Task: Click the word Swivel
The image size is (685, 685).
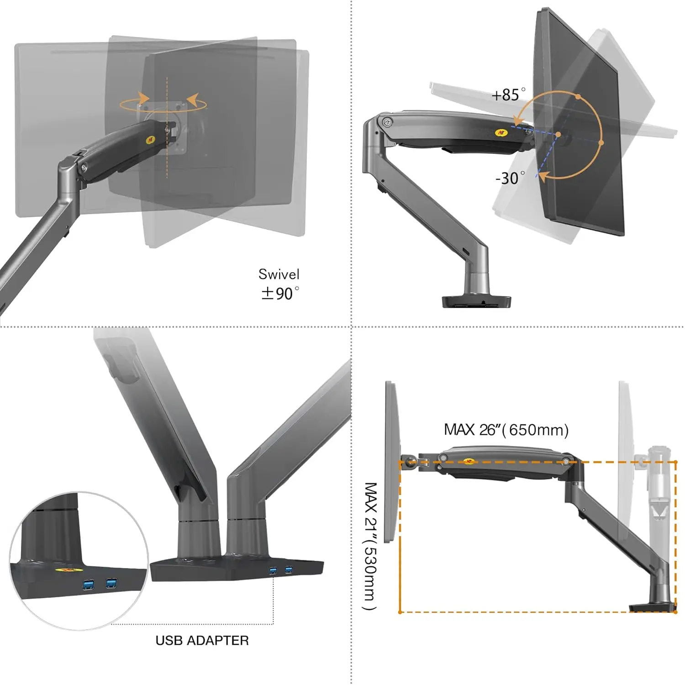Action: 279,274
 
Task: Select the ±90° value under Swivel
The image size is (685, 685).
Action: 280,293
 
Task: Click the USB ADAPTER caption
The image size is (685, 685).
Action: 202,641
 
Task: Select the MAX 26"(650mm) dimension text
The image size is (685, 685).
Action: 506,430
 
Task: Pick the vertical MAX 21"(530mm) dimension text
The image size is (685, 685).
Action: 370,546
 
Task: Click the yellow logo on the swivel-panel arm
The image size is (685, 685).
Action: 150,138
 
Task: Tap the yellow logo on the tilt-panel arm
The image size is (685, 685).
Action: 501,133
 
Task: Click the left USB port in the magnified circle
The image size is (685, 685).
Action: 89,585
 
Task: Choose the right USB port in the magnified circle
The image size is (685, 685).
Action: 111,583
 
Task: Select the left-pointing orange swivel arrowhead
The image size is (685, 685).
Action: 192,99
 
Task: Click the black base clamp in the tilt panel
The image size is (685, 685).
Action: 476,301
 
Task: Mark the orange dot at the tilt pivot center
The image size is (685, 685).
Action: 558,135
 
